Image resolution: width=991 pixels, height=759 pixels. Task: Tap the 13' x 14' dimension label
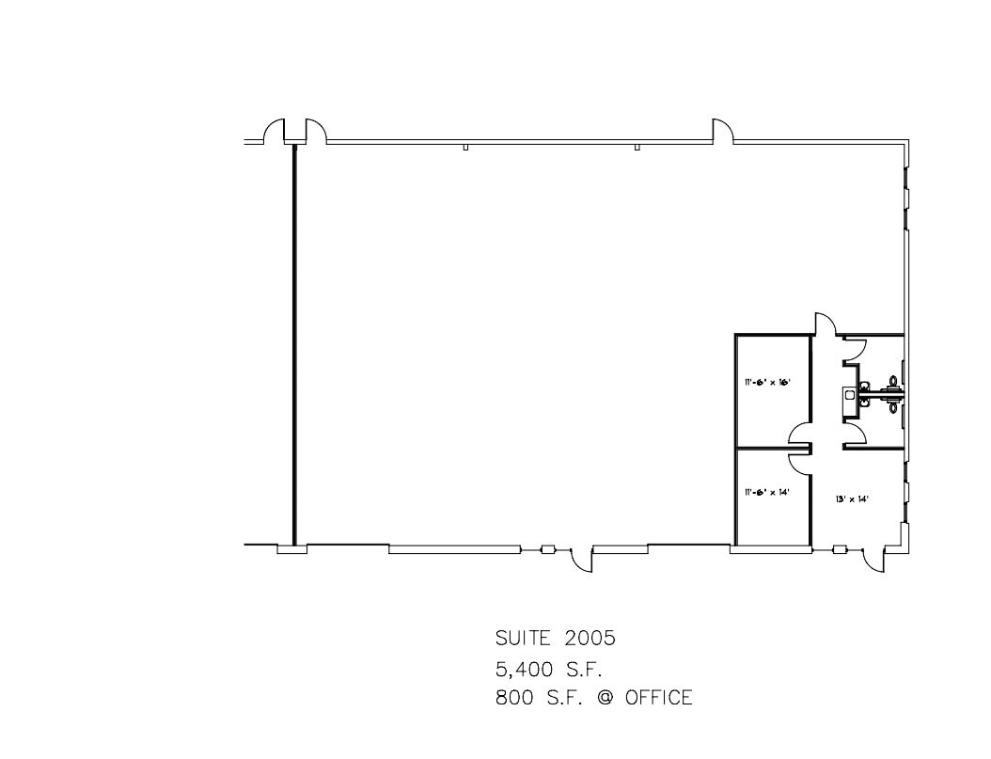point(852,498)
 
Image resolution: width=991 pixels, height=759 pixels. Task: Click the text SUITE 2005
point(555,638)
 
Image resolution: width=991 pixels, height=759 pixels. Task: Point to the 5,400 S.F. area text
point(548,669)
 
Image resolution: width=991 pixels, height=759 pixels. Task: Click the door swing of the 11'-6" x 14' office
point(800,461)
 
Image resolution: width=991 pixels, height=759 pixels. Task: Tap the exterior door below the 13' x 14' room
point(872,559)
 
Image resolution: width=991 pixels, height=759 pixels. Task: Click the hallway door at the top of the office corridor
point(824,324)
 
